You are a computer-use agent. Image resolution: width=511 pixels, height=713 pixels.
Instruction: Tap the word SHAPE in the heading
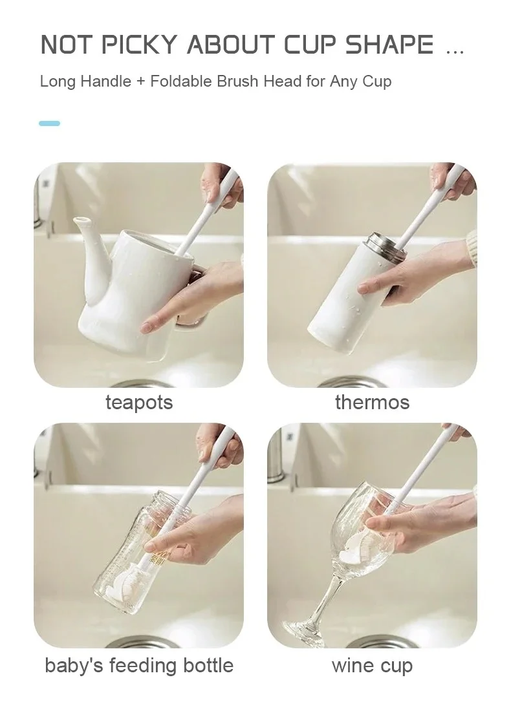(389, 45)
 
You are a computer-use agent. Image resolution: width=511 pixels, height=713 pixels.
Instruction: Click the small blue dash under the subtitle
(50, 123)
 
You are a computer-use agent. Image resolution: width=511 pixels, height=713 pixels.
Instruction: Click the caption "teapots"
(139, 403)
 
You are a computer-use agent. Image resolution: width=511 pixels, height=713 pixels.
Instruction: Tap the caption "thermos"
(372, 402)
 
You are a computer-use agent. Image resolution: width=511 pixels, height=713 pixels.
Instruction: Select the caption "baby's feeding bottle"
(139, 665)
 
